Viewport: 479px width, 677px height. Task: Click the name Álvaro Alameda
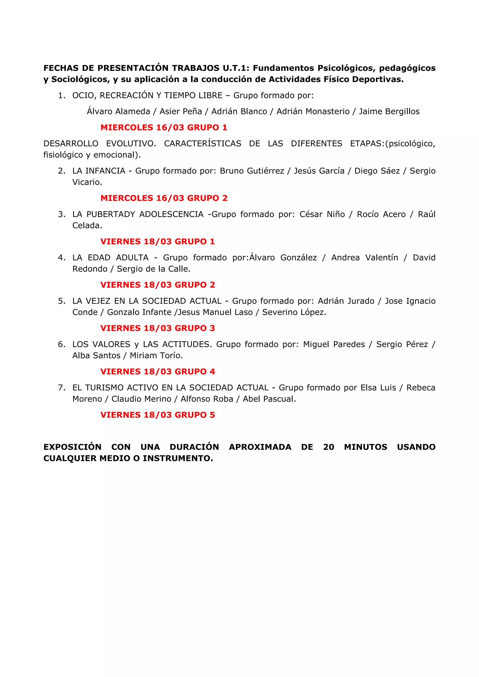point(118,111)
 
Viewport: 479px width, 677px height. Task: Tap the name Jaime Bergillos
point(389,111)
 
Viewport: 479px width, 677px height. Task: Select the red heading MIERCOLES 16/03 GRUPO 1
point(164,127)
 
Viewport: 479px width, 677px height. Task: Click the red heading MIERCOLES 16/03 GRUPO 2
point(164,198)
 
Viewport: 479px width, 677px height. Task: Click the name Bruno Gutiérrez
point(252,171)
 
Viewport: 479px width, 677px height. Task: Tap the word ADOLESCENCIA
point(171,214)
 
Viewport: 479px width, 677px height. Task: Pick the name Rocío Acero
point(381,214)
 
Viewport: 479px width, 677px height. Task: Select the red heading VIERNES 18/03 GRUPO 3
point(158,328)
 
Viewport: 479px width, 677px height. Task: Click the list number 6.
point(61,344)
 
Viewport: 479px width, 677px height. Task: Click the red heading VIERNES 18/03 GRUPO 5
point(158,415)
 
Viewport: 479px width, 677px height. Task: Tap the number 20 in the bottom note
point(328,447)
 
